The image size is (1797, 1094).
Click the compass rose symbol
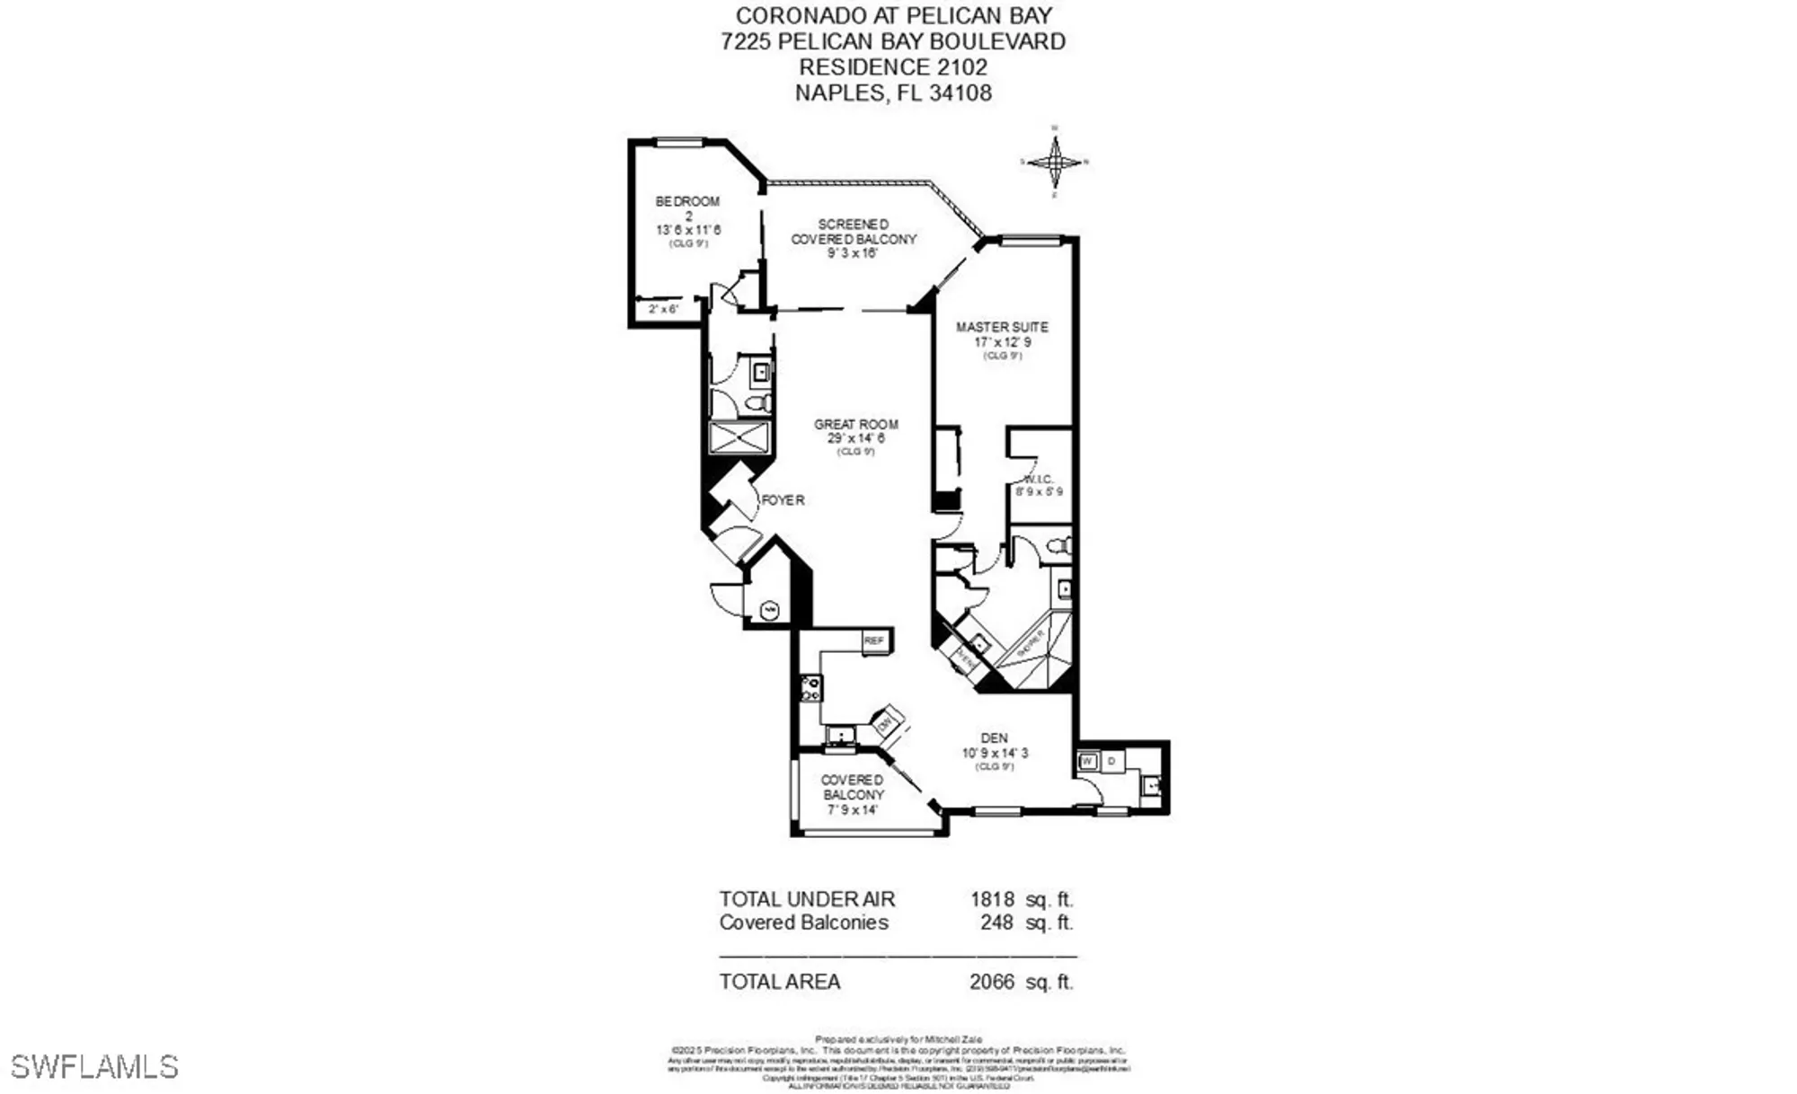click(x=1055, y=163)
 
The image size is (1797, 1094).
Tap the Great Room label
click(x=855, y=425)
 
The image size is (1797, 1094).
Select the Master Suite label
click(x=1002, y=328)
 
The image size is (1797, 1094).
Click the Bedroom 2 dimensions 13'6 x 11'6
click(x=688, y=230)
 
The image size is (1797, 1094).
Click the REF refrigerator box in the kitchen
click(x=874, y=640)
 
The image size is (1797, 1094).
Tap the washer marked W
click(x=1087, y=762)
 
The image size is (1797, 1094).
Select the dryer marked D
click(x=1111, y=762)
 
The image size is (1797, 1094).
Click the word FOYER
click(x=783, y=500)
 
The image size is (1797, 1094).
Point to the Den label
click(x=994, y=738)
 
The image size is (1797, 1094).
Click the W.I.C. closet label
click(x=1040, y=481)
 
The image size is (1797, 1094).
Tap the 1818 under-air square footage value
click(x=992, y=899)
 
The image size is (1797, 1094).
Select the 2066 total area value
click(x=992, y=982)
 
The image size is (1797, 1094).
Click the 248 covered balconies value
click(x=996, y=922)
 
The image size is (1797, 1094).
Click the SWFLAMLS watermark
click(x=94, y=1067)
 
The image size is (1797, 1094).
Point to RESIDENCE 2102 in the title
click(x=893, y=67)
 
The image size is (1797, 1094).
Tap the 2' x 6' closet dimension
click(x=663, y=309)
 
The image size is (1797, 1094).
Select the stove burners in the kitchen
click(x=810, y=689)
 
